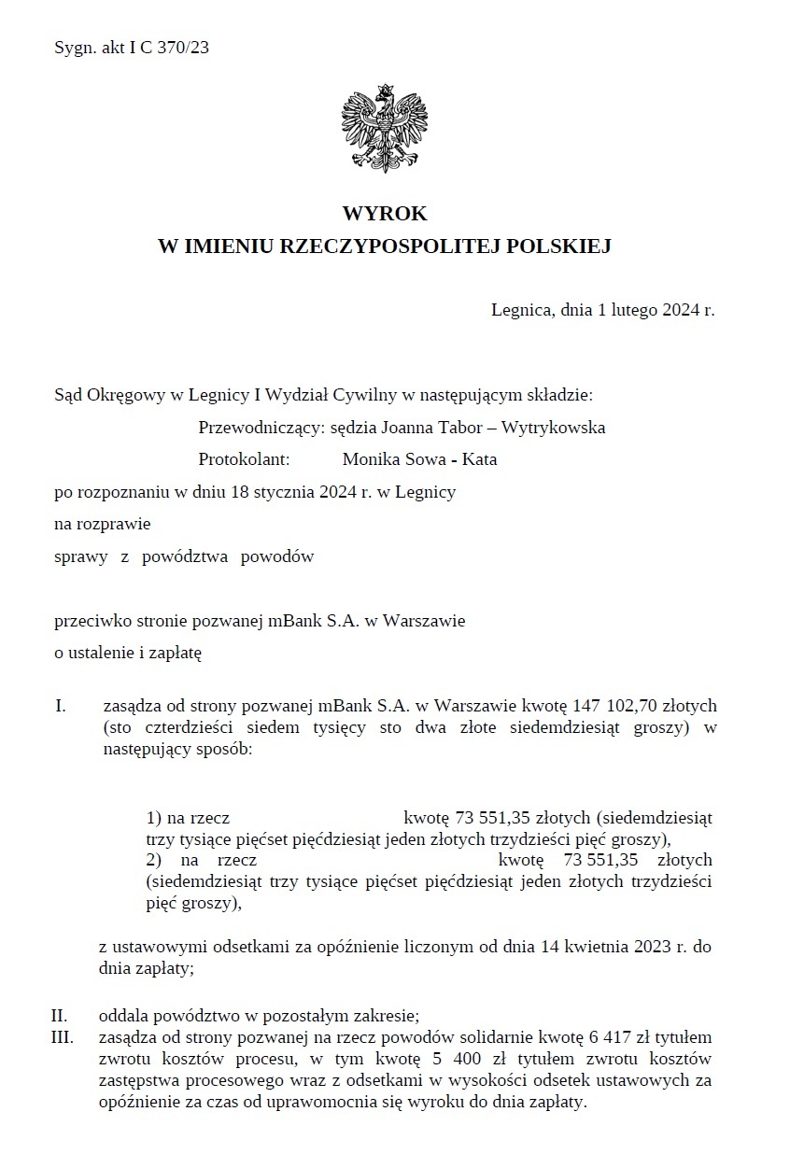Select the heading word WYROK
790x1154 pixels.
coord(384,214)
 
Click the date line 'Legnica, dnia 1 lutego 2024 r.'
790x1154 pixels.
coord(602,310)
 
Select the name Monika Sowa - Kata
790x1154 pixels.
coord(419,458)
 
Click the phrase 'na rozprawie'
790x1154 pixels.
coord(103,524)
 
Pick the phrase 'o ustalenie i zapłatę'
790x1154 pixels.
coord(128,653)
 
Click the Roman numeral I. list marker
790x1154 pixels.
coord(61,704)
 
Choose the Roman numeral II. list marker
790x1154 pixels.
coord(62,1017)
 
